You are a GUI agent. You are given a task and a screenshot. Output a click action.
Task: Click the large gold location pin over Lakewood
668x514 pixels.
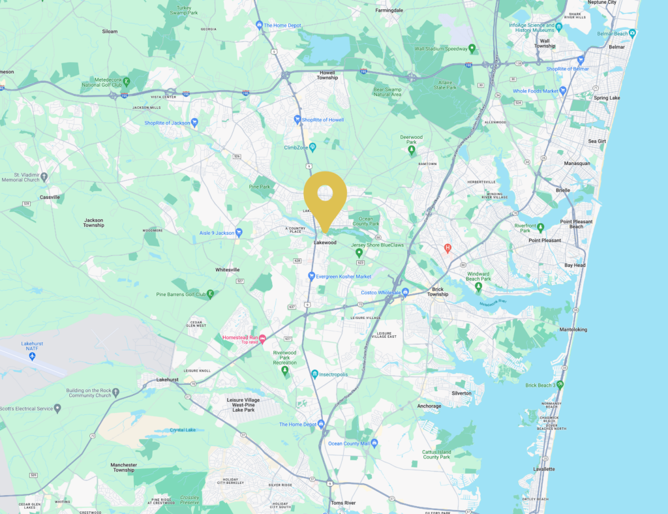point(325,196)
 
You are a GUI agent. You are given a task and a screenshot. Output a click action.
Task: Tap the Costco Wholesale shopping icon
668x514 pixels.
point(405,292)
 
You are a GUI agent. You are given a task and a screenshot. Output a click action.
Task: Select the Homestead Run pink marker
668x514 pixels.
point(263,339)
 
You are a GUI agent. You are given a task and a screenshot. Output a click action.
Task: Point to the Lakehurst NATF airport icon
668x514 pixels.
point(32,356)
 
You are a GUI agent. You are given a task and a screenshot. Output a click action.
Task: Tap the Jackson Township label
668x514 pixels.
point(93,223)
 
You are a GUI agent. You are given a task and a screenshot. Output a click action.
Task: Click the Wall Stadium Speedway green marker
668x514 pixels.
point(472,48)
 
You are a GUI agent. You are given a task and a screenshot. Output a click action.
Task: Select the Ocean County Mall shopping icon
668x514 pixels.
point(374,444)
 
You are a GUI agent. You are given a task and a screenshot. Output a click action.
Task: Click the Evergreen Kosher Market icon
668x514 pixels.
point(312,276)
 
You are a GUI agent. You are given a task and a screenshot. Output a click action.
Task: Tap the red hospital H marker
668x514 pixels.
point(448,248)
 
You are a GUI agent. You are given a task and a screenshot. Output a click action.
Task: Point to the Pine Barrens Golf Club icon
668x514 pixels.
point(210,294)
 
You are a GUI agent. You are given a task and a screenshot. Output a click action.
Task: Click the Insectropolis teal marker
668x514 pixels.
point(314,374)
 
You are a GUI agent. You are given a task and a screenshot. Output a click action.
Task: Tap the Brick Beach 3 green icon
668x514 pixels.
point(559,385)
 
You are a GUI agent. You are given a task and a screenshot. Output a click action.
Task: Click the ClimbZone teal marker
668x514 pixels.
point(312,147)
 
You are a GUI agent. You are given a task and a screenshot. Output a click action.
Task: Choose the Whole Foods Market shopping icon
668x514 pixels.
point(562,91)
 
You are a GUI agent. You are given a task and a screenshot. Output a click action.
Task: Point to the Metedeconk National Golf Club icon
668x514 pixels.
point(126,82)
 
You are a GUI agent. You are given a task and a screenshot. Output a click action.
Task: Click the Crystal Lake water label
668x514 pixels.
point(183,430)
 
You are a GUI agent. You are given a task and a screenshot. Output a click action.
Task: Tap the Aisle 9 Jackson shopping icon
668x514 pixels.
point(239,232)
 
